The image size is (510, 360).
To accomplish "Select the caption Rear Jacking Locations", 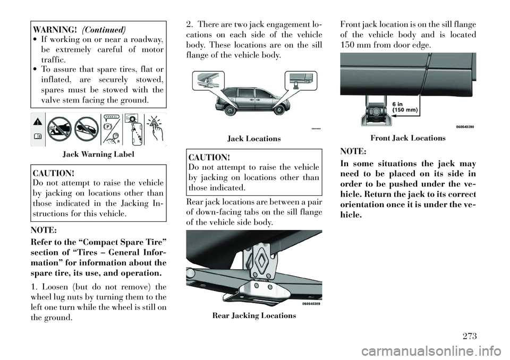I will point(254,315).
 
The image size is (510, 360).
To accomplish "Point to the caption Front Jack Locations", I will point(408,138).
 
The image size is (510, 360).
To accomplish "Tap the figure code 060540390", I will point(460,126).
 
